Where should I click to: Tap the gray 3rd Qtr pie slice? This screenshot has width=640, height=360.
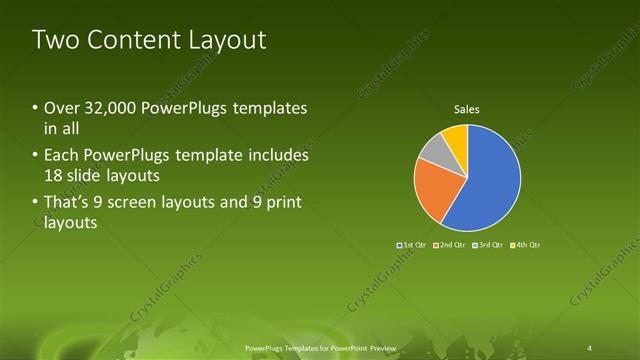click(433, 150)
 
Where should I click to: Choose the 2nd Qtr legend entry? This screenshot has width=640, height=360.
click(450, 244)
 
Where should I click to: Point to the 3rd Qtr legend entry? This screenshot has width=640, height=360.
click(487, 244)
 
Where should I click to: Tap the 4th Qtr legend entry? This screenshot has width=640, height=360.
click(525, 244)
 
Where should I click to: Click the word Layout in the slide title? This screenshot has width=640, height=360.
click(231, 40)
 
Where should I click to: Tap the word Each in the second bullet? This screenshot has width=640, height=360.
click(63, 156)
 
